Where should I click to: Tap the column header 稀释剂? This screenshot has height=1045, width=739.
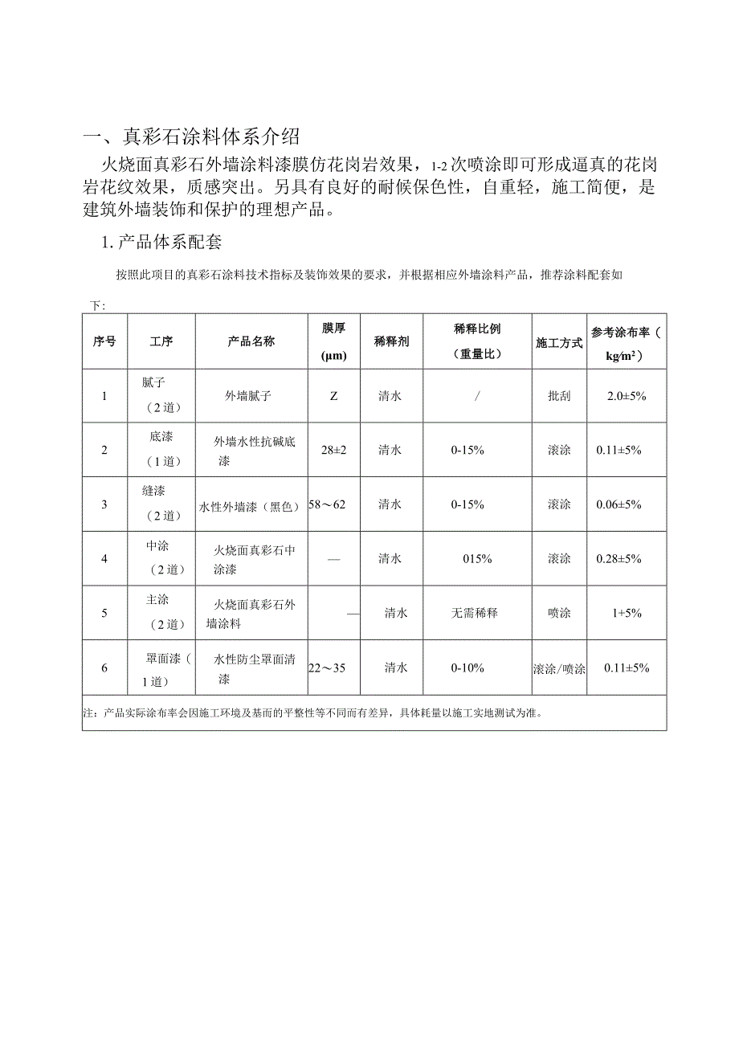(x=391, y=341)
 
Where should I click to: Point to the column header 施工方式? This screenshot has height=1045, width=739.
(x=559, y=342)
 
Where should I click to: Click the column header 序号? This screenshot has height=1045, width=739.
(x=104, y=341)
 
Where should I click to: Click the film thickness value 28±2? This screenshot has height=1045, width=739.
(x=333, y=450)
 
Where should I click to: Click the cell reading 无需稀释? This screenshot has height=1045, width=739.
(x=475, y=613)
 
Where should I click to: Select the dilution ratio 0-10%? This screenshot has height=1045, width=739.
(x=467, y=667)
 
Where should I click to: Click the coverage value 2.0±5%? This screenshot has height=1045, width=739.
(x=627, y=396)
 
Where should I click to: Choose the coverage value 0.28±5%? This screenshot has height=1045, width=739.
(x=619, y=558)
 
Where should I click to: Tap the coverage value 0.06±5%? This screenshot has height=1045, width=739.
(x=619, y=504)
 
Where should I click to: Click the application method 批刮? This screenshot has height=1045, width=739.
(x=559, y=396)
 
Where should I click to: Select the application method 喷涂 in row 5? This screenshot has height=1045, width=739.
(x=559, y=613)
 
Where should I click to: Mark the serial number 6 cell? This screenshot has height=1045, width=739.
(x=104, y=667)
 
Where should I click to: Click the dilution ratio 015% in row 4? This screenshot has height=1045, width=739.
(x=477, y=558)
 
